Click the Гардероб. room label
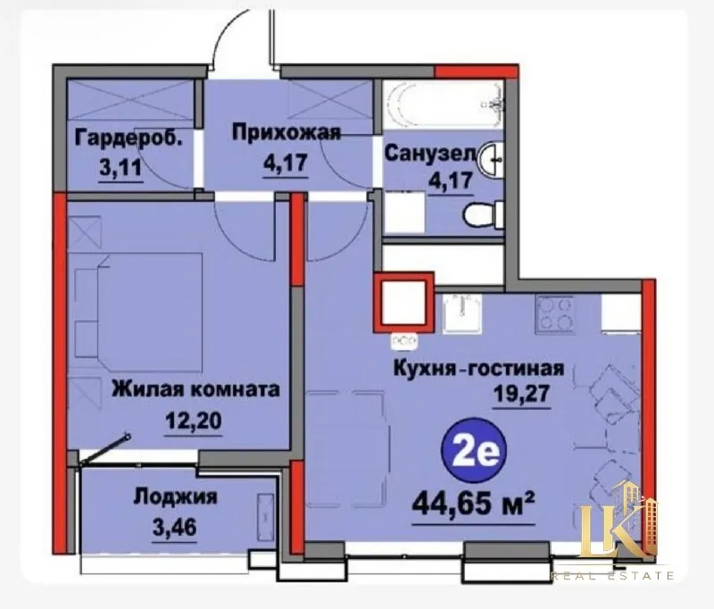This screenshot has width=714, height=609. pyautogui.click(x=129, y=138)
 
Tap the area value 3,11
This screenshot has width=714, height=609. pyautogui.click(x=120, y=168)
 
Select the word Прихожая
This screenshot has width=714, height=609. pyautogui.click(x=286, y=133)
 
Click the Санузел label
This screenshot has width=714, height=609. pyautogui.click(x=430, y=154)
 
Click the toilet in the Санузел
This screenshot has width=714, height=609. pyautogui.click(x=483, y=214)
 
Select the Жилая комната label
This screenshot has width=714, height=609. pyautogui.click(x=195, y=389)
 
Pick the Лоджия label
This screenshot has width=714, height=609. pyautogui.click(x=175, y=496)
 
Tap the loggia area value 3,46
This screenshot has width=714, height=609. pyautogui.click(x=174, y=528)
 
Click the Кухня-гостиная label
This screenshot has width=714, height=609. pyautogui.click(x=478, y=368)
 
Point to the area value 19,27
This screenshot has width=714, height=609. pyautogui.click(x=522, y=393)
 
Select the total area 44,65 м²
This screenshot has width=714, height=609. pyautogui.click(x=473, y=505)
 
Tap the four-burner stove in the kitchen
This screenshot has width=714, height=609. pyautogui.click(x=554, y=314)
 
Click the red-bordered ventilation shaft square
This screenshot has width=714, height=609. pyautogui.click(x=404, y=303)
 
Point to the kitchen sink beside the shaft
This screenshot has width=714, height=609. pyautogui.click(x=461, y=313)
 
